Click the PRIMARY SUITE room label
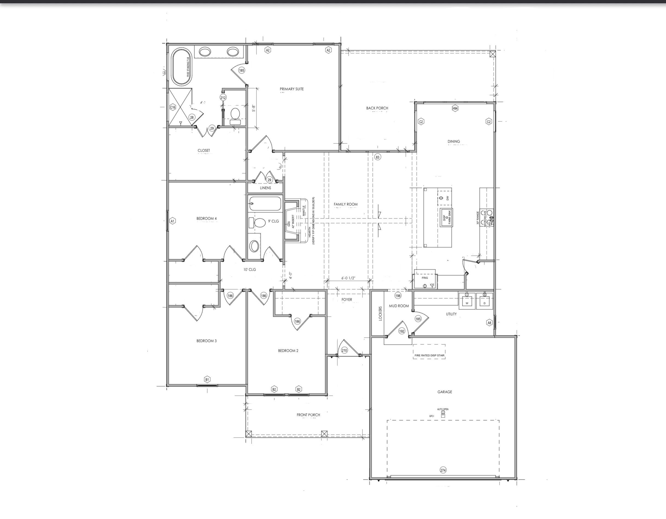point(291,89)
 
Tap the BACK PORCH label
point(377,108)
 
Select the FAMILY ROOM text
point(346,204)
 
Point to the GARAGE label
point(445,392)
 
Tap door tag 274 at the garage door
point(443,470)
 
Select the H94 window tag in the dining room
point(455,108)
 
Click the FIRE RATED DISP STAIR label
point(429,355)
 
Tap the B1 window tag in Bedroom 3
point(207,379)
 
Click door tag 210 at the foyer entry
point(344,350)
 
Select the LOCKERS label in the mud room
point(380,314)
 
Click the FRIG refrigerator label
point(425,278)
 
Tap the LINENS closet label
point(265,188)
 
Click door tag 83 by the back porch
point(378,157)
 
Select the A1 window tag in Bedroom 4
point(173,221)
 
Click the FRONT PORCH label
point(308,415)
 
